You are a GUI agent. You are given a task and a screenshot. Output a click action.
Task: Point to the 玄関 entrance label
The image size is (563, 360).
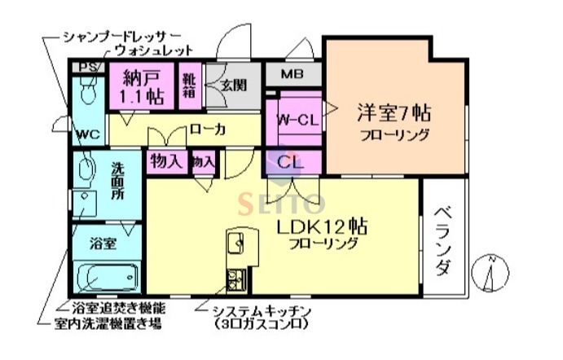pos(232,84)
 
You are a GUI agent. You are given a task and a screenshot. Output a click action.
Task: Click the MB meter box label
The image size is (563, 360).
pos(292,75)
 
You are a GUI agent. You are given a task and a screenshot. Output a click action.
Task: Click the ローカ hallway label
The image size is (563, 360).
pos(207,130)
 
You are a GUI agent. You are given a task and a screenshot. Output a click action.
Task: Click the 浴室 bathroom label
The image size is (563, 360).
pos(102,243)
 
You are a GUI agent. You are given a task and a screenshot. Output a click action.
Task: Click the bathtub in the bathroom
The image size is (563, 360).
pos(105,277)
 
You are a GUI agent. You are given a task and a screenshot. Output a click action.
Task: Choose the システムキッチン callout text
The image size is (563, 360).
pos(261,311)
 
